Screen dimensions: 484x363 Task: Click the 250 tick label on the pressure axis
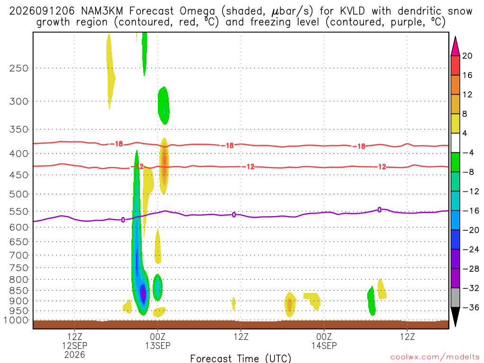19,68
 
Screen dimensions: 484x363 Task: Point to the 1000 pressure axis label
17,320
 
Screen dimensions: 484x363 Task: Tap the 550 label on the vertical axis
19,212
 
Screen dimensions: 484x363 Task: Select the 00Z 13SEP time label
158,341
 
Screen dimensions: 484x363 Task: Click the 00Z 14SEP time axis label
324,341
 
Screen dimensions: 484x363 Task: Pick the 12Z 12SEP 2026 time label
75,346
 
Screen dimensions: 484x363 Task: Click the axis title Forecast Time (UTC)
241,358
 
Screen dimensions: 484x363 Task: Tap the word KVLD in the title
352,11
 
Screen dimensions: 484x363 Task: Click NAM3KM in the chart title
102,11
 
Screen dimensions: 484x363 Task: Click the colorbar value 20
467,56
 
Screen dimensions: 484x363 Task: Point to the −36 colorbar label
470,307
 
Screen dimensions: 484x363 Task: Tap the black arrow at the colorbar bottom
455,316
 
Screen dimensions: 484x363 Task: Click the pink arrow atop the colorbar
455,47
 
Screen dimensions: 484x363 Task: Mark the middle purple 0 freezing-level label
234,215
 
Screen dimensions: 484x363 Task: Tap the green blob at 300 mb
163,105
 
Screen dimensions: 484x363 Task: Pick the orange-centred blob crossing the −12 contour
164,165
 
